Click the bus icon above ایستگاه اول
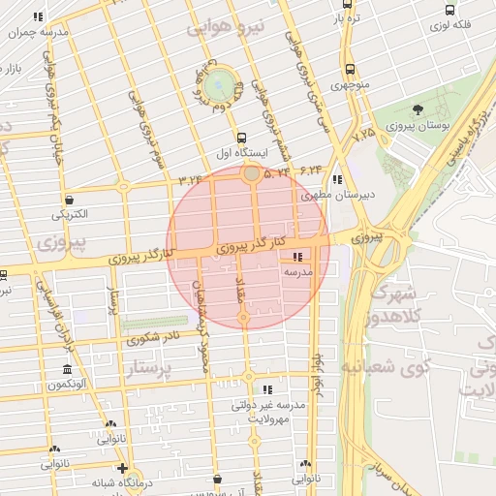pyautogui.click(x=241, y=138)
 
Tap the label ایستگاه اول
pyautogui.click(x=241, y=153)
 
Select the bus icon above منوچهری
pyautogui.click(x=350, y=70)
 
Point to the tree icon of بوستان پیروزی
pyautogui.click(x=418, y=109)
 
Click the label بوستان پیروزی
pyautogui.click(x=418, y=127)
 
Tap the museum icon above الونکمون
pyautogui.click(x=66, y=371)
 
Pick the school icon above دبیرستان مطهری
pyautogui.click(x=336, y=179)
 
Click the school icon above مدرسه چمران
pyautogui.click(x=39, y=17)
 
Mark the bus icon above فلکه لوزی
pyautogui.click(x=449, y=9)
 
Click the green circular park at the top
pyautogui.click(x=218, y=83)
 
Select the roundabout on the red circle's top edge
pyautogui.click(x=252, y=173)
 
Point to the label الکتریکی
pyautogui.click(x=70, y=213)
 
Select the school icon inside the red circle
pyautogui.click(x=296, y=257)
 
